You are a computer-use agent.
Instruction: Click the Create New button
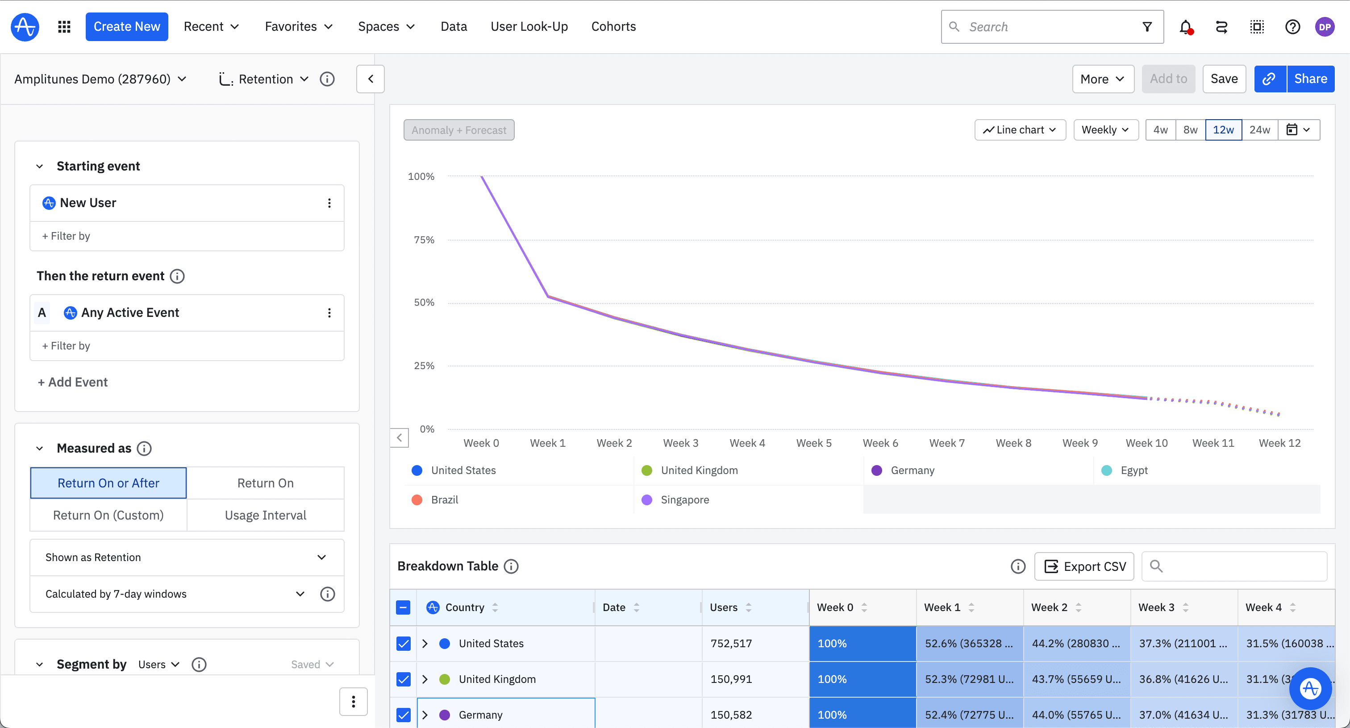click(x=126, y=27)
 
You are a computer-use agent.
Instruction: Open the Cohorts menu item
click(x=613, y=27)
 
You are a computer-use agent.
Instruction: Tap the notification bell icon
click(x=1185, y=27)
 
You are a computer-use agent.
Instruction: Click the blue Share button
click(x=1310, y=79)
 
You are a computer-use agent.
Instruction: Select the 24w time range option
click(x=1259, y=129)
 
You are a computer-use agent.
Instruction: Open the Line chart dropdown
click(x=1019, y=129)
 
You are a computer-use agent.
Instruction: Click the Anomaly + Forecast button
click(x=458, y=130)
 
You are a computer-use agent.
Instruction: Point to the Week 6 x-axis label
click(x=880, y=443)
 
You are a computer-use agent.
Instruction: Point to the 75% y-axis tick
click(x=424, y=240)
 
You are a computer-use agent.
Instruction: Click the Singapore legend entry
click(x=684, y=499)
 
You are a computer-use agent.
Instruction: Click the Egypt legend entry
click(x=1133, y=470)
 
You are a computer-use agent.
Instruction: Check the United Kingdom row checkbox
click(x=403, y=679)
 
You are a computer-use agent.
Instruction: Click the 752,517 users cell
click(x=731, y=643)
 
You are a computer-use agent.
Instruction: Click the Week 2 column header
click(x=1049, y=607)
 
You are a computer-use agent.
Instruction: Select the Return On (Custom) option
click(x=108, y=515)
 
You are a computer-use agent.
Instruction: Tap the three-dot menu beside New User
click(x=329, y=203)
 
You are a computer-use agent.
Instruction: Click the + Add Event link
click(x=73, y=382)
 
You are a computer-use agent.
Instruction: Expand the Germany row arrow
click(x=425, y=715)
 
